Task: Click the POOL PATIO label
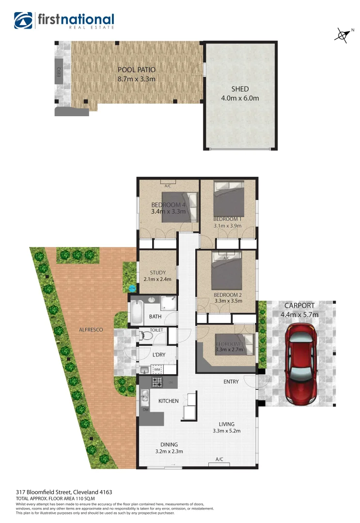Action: [x=137, y=70]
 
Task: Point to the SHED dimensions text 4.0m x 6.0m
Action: [x=240, y=98]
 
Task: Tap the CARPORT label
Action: [x=299, y=306]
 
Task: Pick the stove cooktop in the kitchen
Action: [x=157, y=382]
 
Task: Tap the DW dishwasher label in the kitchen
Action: [x=145, y=410]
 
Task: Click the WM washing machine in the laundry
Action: [x=157, y=369]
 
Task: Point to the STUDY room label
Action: [x=157, y=272]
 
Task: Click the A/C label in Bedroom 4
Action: [x=168, y=186]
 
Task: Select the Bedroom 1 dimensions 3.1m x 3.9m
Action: [x=227, y=225]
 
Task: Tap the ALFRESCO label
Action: [x=91, y=330]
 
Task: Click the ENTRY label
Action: [x=231, y=382]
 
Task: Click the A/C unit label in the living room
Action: [x=219, y=459]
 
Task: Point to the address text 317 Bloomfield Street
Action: [x=50, y=492]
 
